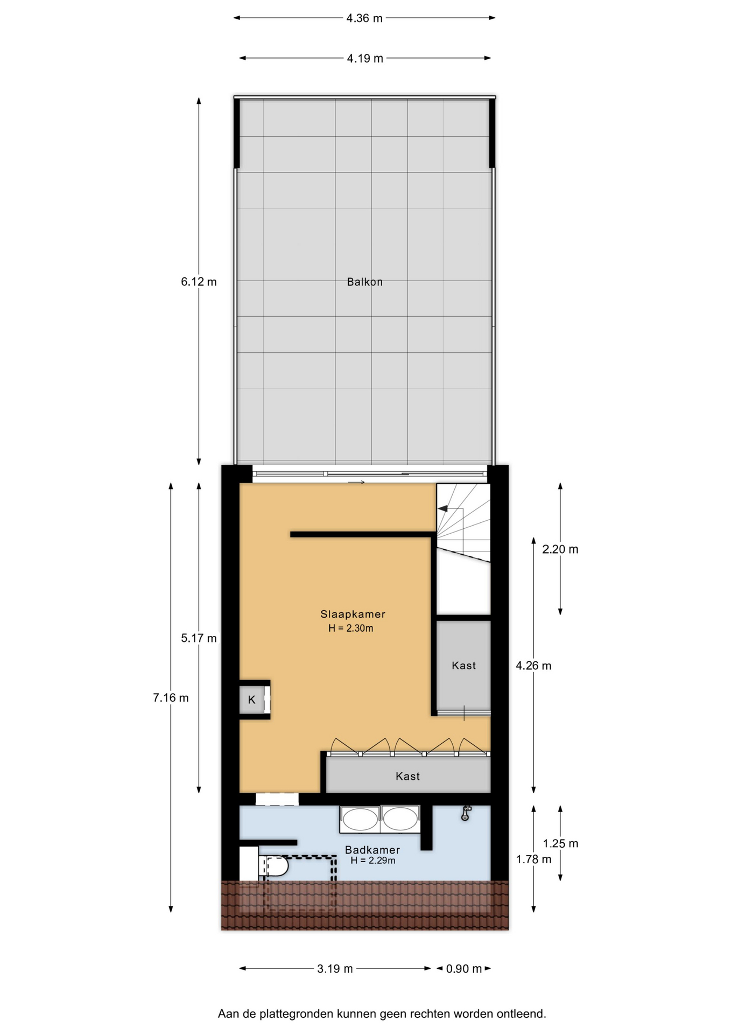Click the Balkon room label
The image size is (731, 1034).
click(x=364, y=282)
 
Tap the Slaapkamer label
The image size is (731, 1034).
click(x=353, y=614)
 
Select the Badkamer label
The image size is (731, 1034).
click(x=372, y=850)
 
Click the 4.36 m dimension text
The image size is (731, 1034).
click(x=364, y=18)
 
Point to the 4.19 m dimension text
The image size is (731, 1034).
click(x=365, y=58)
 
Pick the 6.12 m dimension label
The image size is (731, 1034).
click(x=199, y=282)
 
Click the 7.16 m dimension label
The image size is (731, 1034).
click(x=171, y=698)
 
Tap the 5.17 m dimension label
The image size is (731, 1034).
click(x=199, y=638)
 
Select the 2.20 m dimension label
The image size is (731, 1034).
click(x=560, y=549)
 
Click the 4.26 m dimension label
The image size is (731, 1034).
click(x=533, y=666)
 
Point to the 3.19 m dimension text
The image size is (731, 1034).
click(x=335, y=969)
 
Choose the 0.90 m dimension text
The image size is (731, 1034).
click(x=464, y=969)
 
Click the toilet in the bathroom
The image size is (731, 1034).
click(x=274, y=867)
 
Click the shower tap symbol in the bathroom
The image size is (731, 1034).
click(x=466, y=813)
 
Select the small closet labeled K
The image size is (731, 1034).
click(x=252, y=700)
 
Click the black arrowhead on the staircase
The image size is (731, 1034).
click(x=442, y=508)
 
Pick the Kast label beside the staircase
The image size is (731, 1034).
click(x=463, y=666)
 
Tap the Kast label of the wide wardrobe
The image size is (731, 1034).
click(x=407, y=776)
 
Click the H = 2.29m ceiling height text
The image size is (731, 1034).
click(x=372, y=861)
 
